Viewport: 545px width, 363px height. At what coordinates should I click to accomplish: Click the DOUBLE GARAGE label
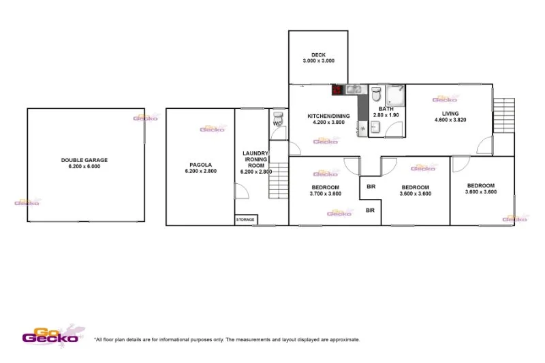pyautogui.click(x=84, y=160)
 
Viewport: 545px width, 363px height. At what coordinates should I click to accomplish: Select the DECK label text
pyautogui.click(x=319, y=55)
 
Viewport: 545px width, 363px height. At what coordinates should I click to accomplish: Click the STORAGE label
pyautogui.click(x=245, y=219)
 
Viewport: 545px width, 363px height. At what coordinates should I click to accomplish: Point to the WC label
pyautogui.click(x=277, y=124)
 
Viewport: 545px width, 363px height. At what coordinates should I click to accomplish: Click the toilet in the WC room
pyautogui.click(x=277, y=116)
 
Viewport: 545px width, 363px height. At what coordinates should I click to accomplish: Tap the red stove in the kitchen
pyautogui.click(x=337, y=89)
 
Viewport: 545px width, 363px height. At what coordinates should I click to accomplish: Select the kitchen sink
pyautogui.click(x=352, y=89)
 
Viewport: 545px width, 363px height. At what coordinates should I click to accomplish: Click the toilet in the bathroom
pyautogui.click(x=375, y=93)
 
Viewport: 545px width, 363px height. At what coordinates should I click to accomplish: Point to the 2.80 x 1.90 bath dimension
pyautogui.click(x=386, y=116)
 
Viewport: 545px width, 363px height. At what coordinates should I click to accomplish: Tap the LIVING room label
pyautogui.click(x=450, y=113)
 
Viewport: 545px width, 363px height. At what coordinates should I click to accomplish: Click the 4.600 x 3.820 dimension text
pyautogui.click(x=450, y=121)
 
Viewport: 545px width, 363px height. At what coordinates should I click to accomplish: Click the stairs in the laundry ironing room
pyautogui.click(x=279, y=180)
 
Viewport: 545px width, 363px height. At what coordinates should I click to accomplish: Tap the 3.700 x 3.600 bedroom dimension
pyautogui.click(x=326, y=194)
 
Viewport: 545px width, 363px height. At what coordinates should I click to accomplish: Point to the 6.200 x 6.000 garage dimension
pyautogui.click(x=84, y=167)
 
